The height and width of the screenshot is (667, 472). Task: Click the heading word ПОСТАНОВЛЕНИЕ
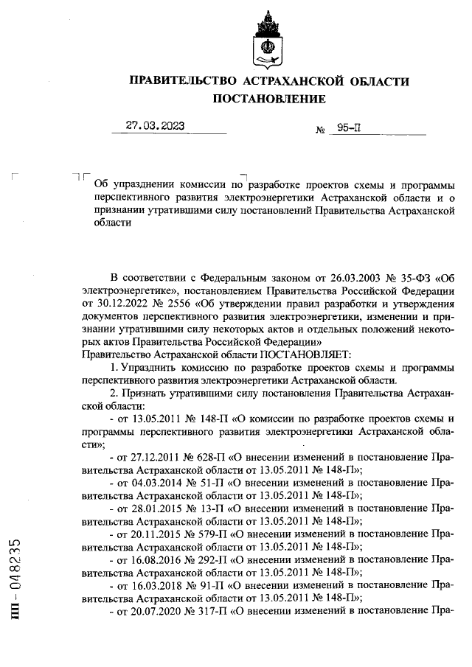[268, 99]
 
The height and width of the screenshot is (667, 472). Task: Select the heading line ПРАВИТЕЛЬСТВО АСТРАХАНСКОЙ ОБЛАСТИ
[268, 80]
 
